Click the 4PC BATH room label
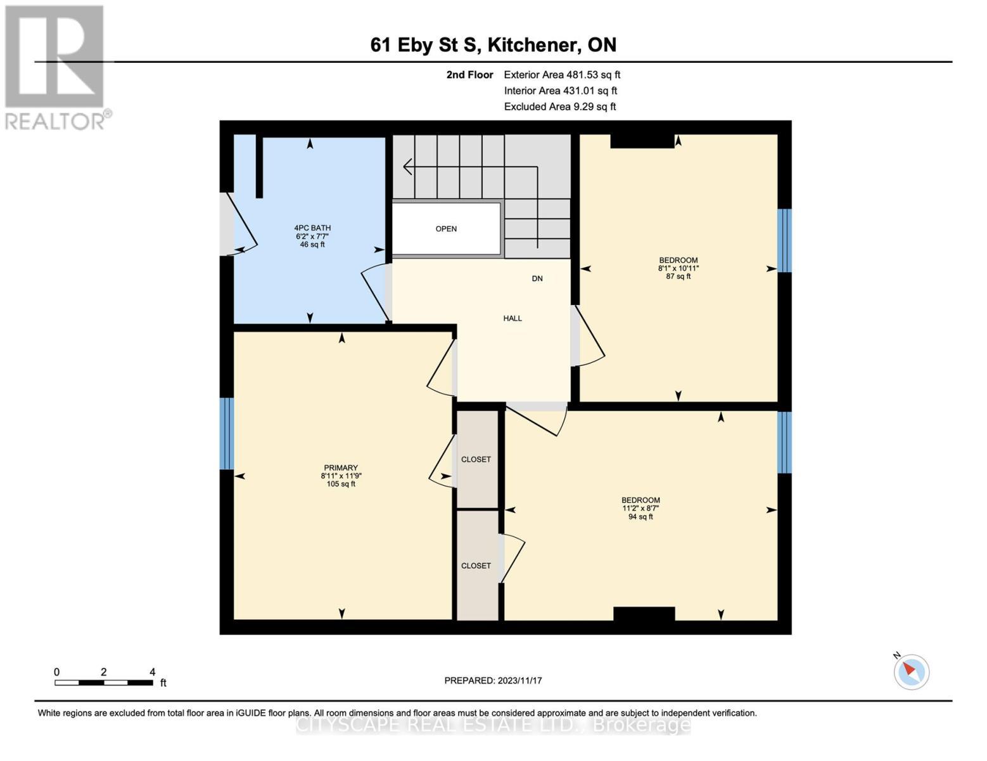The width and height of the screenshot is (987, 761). (x=312, y=228)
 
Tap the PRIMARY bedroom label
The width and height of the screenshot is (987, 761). (x=341, y=468)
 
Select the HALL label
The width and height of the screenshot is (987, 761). (x=513, y=318)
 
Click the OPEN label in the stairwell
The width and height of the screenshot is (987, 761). (x=446, y=229)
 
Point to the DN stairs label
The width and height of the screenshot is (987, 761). (x=537, y=278)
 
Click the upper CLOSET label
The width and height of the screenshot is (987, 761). (x=476, y=459)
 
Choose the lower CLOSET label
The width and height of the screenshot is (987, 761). (x=476, y=566)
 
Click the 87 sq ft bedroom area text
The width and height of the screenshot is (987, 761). (x=678, y=276)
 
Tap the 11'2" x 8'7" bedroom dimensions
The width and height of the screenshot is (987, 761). (x=640, y=508)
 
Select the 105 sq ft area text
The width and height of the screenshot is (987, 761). (x=341, y=485)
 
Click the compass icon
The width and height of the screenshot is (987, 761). (x=912, y=671)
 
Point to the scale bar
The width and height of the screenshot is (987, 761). (x=104, y=683)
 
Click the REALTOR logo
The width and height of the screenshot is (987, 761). (x=56, y=67)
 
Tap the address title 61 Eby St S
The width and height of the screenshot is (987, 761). (x=493, y=45)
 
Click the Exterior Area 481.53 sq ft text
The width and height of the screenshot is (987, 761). (x=562, y=75)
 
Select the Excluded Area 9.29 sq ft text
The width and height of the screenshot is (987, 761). (x=559, y=107)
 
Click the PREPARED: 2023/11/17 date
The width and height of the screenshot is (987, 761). (x=493, y=680)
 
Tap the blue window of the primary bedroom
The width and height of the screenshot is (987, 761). (x=226, y=434)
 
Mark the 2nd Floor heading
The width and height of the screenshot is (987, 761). (x=469, y=75)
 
